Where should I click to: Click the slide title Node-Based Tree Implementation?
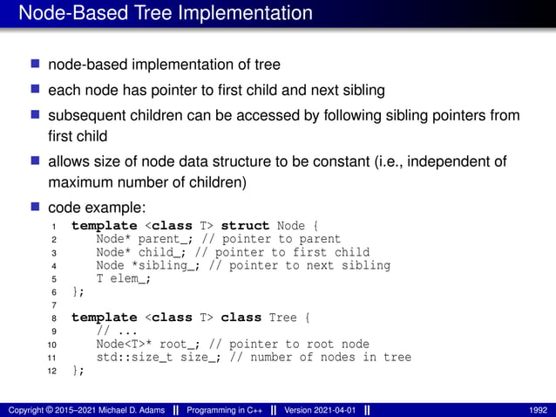tap(165, 14)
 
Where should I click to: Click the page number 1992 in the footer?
tap(537, 409)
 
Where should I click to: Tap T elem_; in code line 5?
tap(125, 278)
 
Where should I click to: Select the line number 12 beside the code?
tap(53, 371)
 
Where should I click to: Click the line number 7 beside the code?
tap(53, 305)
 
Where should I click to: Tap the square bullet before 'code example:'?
tap(36, 208)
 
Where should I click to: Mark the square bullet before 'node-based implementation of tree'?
tap(36, 65)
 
